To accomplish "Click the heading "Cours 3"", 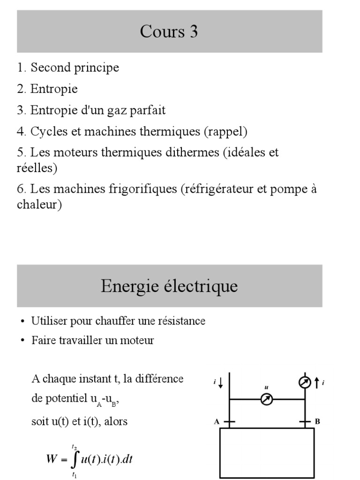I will [x=169, y=31].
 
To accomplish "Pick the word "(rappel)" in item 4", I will [x=225, y=132].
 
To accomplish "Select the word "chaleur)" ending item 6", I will [x=39, y=205].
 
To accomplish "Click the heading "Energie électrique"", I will [x=169, y=286].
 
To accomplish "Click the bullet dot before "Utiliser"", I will [x=22, y=322].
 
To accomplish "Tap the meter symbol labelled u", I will [x=267, y=399].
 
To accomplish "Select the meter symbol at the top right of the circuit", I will [x=305, y=382].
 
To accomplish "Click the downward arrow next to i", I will [x=221, y=383].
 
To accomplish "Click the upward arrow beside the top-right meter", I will [x=317, y=382].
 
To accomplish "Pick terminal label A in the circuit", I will [x=217, y=421].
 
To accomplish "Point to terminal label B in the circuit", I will [x=317, y=421].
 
